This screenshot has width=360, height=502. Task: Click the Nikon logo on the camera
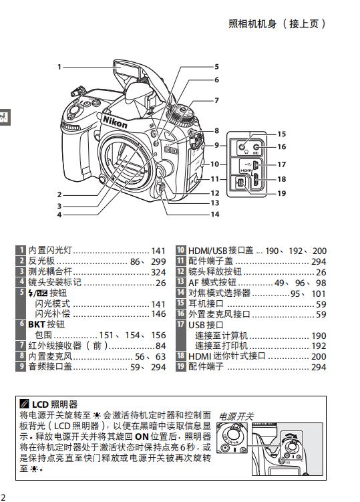(115, 122)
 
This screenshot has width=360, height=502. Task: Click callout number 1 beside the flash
(59, 67)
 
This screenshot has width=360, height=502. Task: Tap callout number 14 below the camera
(215, 214)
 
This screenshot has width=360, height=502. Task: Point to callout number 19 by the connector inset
(282, 193)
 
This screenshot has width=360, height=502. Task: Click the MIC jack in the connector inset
(256, 147)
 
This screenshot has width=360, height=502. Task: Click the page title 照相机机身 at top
(252, 24)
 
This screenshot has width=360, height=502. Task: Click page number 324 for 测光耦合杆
(158, 272)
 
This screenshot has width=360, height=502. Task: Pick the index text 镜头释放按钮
(214, 271)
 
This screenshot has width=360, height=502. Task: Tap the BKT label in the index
(36, 324)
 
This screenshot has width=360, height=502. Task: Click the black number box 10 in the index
(181, 250)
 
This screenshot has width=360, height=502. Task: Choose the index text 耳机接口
(206, 303)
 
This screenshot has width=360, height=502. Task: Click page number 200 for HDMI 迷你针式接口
(319, 356)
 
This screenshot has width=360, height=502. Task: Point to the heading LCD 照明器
(55, 404)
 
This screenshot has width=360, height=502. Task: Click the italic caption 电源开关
(236, 416)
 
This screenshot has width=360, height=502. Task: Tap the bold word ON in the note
(142, 436)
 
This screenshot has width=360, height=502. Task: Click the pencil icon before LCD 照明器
(24, 404)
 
